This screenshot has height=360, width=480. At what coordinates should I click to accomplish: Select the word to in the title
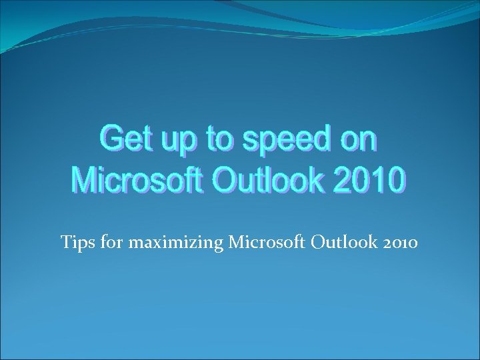coord(219,141)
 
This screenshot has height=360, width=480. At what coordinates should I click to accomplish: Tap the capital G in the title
coord(112,141)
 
